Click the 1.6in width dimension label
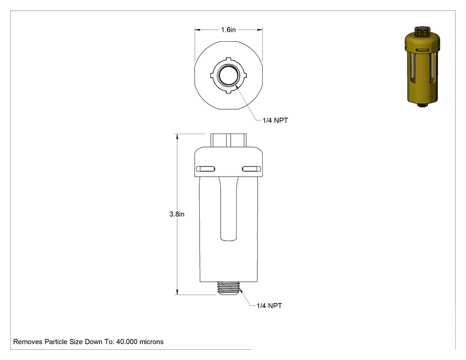pos(228,30)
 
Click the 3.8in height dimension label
pos(177,214)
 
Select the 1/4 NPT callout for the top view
pos(275,120)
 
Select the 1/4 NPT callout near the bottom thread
pos(269,305)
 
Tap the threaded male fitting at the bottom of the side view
pos(229,288)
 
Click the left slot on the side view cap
pos(205,169)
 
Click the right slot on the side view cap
pos(252,169)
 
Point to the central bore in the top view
pos(228,75)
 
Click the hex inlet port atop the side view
pos(228,140)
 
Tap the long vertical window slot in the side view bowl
pos(229,208)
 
